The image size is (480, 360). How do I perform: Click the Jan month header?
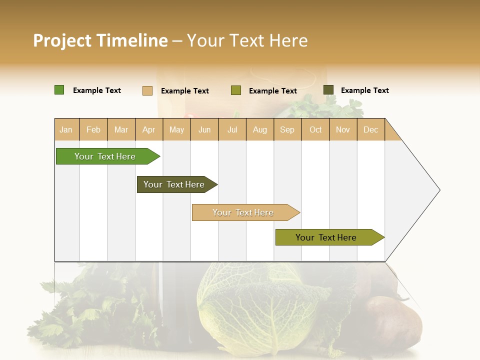point(66,129)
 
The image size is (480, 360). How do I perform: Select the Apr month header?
point(148,129)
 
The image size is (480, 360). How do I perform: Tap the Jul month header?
point(232,129)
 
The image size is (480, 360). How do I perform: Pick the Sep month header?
point(287,129)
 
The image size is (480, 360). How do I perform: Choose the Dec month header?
point(370,129)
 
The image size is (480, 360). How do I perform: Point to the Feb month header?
point(93,129)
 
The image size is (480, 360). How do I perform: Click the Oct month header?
point(315,129)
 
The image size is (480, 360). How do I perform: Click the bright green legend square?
point(59,90)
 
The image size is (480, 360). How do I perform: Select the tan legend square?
point(147,90)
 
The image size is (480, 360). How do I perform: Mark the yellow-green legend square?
point(236,90)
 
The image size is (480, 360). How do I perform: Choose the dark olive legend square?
point(328,90)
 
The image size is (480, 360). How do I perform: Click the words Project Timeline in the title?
point(100,40)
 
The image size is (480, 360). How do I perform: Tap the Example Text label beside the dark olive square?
point(364,90)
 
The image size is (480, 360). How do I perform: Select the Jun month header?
point(204,129)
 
